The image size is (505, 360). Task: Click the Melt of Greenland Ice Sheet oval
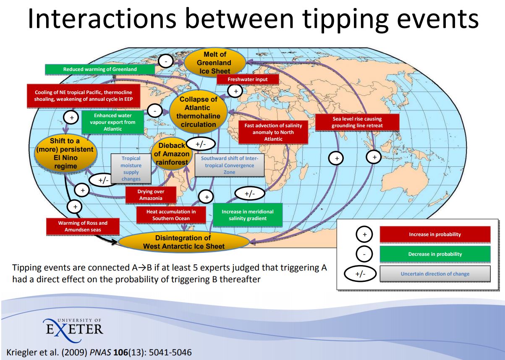click(215, 63)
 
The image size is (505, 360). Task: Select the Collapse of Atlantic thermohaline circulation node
click(198, 112)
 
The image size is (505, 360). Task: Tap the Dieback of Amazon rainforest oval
click(172, 154)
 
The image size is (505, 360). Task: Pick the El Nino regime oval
click(65, 153)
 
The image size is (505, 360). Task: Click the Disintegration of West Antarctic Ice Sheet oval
click(184, 242)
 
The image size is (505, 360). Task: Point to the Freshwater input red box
click(248, 79)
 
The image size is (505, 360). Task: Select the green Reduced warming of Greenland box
click(100, 69)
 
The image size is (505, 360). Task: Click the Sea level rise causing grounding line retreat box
click(357, 122)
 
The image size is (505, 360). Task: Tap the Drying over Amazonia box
click(151, 195)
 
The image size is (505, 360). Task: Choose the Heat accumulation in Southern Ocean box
click(171, 215)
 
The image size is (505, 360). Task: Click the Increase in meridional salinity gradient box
click(248, 215)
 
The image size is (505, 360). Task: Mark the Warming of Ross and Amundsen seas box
click(83, 226)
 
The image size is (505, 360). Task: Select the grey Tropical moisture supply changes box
click(131, 168)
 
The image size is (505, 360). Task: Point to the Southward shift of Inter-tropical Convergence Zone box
click(230, 165)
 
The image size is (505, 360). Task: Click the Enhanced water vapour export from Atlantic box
click(113, 122)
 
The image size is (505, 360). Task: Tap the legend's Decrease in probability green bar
click(435, 254)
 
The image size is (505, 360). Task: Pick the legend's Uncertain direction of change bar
click(435, 274)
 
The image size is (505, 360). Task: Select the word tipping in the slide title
click(345, 19)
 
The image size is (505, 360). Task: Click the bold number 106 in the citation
click(120, 352)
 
